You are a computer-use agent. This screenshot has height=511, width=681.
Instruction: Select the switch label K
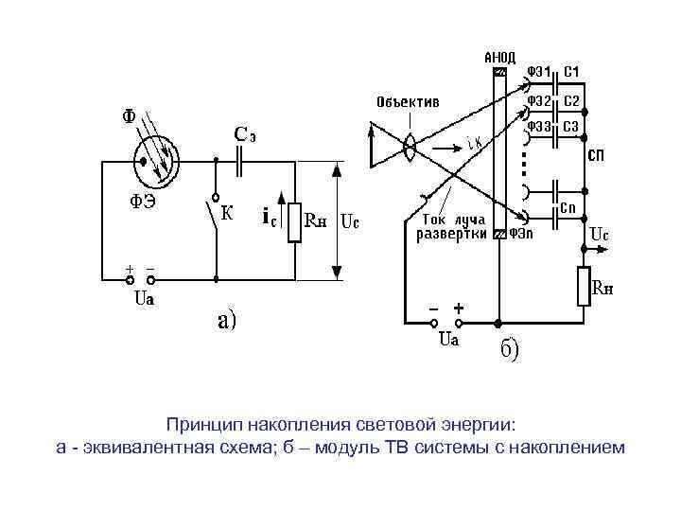pos(227,213)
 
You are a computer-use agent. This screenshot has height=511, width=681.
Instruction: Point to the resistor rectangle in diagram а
pos(294,222)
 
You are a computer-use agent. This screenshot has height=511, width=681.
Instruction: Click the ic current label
pos(269,219)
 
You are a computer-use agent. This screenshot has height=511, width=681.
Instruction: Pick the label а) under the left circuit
pos(229,321)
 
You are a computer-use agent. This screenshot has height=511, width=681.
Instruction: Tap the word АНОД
pos(500,57)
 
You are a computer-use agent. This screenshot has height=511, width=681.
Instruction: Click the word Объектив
pos(408,101)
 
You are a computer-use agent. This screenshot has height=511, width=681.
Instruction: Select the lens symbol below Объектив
pos(410,147)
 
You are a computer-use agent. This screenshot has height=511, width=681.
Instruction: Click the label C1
pos(572,72)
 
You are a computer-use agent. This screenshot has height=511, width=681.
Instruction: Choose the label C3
pos(571,126)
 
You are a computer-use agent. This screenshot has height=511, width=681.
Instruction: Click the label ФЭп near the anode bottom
pos(523,233)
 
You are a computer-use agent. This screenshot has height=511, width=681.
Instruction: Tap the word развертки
pos(452,233)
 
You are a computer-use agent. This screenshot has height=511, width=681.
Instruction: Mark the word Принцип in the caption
pos(201,424)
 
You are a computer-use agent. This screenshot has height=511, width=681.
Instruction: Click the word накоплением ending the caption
pos(567,447)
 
